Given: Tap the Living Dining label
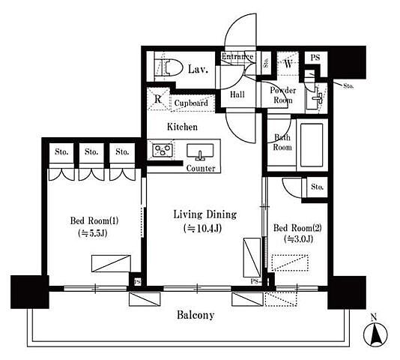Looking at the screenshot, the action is [205, 214].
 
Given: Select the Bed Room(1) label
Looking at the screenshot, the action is [94, 220].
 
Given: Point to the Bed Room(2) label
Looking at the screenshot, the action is [297, 228].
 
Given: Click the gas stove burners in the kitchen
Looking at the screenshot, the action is [163, 150].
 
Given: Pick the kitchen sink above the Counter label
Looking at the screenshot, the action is [200, 152].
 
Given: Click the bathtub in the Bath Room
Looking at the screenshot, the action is [312, 145].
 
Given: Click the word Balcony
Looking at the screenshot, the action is [196, 315].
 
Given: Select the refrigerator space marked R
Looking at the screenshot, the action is [158, 99].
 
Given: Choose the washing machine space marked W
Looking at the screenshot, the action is [288, 64].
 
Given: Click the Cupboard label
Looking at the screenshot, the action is [191, 103].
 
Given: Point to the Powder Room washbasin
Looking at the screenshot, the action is [316, 97].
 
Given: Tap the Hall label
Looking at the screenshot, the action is [237, 94].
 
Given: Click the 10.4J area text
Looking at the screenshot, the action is [202, 228].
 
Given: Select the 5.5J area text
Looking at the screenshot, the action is [93, 233].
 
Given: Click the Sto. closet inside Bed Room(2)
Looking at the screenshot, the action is [317, 187].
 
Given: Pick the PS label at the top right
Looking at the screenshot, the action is [315, 58].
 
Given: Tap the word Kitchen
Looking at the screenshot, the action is [182, 127].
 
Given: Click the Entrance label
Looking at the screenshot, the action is [237, 56].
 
